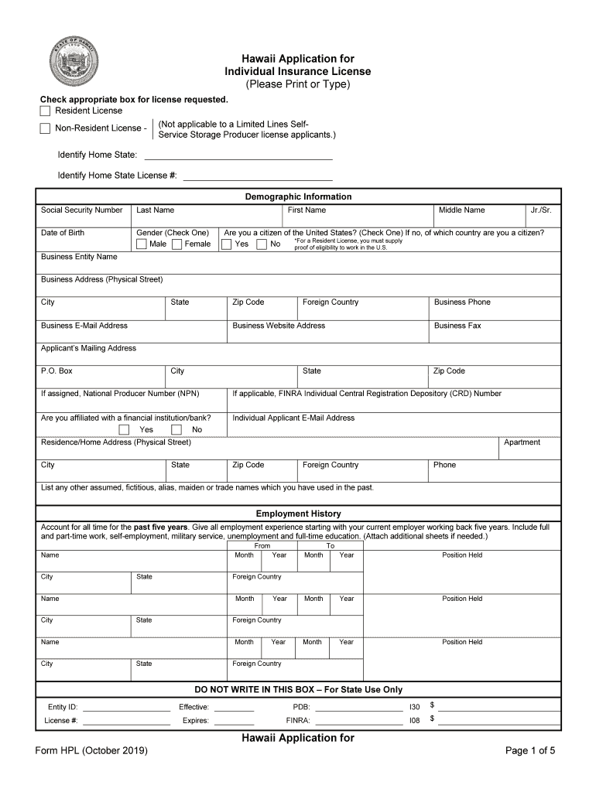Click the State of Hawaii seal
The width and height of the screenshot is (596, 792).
pyautogui.click(x=74, y=61)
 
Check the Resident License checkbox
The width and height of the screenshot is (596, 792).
pyautogui.click(x=45, y=111)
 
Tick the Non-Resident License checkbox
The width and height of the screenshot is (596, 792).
pyautogui.click(x=45, y=128)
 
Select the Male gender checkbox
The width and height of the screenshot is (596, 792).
pyautogui.click(x=142, y=244)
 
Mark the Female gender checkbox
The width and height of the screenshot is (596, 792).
pyautogui.click(x=177, y=244)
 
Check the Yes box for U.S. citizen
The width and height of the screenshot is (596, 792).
pyautogui.click(x=227, y=244)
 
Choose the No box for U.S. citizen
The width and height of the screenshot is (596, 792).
pyautogui.click(x=262, y=244)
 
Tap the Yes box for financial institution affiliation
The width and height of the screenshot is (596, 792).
pyautogui.click(x=124, y=429)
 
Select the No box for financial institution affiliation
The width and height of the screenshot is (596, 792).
pyautogui.click(x=176, y=429)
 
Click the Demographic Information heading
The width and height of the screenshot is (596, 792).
pyautogui.click(x=298, y=197)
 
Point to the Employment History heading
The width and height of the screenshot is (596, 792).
pyautogui.click(x=298, y=514)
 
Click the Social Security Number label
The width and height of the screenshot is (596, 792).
pyautogui.click(x=81, y=210)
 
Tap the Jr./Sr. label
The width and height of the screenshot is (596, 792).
pyautogui.click(x=540, y=210)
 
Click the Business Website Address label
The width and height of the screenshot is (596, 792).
pyautogui.click(x=279, y=326)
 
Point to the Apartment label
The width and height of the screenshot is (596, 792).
pyautogui.click(x=522, y=442)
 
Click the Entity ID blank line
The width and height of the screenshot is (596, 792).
pyautogui.click(x=126, y=707)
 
